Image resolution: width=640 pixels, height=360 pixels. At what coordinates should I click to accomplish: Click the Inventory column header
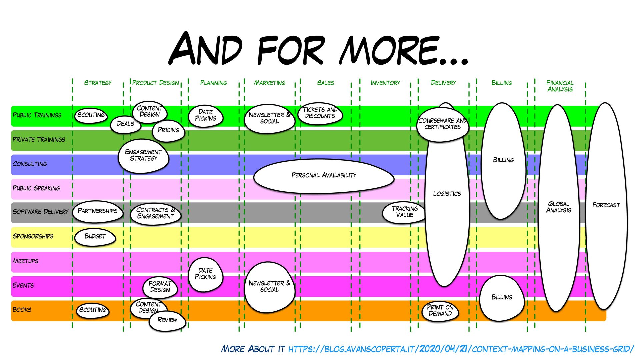pyautogui.click(x=385, y=83)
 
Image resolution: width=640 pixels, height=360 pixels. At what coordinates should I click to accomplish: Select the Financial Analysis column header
pyautogui.click(x=560, y=86)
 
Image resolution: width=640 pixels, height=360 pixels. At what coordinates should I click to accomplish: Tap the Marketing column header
pyautogui.click(x=269, y=83)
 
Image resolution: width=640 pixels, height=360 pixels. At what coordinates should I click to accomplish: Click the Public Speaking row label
pyautogui.click(x=36, y=188)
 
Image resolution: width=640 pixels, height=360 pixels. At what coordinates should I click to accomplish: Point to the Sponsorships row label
pyautogui.click(x=33, y=236)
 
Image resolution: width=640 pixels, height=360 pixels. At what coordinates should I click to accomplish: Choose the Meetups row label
pyautogui.click(x=25, y=261)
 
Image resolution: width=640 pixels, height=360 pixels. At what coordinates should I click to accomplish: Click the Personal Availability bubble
pyautogui.click(x=324, y=175)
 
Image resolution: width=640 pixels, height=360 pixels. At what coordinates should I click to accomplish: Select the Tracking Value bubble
pyautogui.click(x=404, y=212)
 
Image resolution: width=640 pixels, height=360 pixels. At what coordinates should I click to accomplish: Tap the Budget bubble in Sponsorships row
pyautogui.click(x=95, y=236)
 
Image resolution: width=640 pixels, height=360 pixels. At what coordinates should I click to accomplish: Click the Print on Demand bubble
pyautogui.click(x=440, y=310)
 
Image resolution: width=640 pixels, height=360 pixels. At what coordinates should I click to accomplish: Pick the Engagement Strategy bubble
pyautogui.click(x=143, y=155)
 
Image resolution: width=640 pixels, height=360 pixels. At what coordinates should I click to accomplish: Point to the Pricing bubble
pyautogui.click(x=168, y=130)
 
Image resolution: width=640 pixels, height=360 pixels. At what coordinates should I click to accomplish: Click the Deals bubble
pyautogui.click(x=125, y=124)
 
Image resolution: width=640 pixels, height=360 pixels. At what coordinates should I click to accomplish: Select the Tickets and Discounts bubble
pyautogui.click(x=320, y=113)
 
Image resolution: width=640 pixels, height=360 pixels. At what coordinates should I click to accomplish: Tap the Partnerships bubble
pyautogui.click(x=97, y=211)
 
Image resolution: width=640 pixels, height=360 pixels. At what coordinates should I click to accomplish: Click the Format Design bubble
pyautogui.click(x=160, y=287)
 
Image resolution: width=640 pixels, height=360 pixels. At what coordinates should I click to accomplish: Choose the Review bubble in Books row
pyautogui.click(x=167, y=320)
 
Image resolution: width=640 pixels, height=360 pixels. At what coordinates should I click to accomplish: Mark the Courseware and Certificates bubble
pyautogui.click(x=442, y=124)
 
